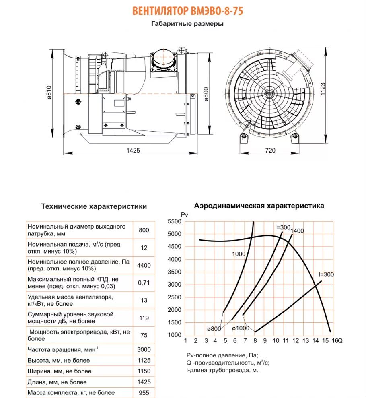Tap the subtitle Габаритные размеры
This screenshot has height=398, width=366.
point(187,24)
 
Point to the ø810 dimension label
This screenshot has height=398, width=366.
point(49,92)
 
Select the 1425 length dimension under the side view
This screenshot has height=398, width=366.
point(133,150)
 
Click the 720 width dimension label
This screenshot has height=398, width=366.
point(270,150)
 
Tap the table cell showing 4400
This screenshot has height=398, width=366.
point(144,265)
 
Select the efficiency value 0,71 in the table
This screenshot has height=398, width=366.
point(144,283)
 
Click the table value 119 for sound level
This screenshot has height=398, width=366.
point(144,318)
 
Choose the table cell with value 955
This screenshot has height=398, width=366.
point(144,392)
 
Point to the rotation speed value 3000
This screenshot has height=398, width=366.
point(144,349)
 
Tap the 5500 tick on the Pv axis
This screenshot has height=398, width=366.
point(174,222)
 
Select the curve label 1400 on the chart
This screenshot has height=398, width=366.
point(297,231)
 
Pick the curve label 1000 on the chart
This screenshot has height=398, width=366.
point(238,254)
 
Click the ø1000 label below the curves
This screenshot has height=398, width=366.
point(241,328)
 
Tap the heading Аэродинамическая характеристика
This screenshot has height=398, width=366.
point(259,206)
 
